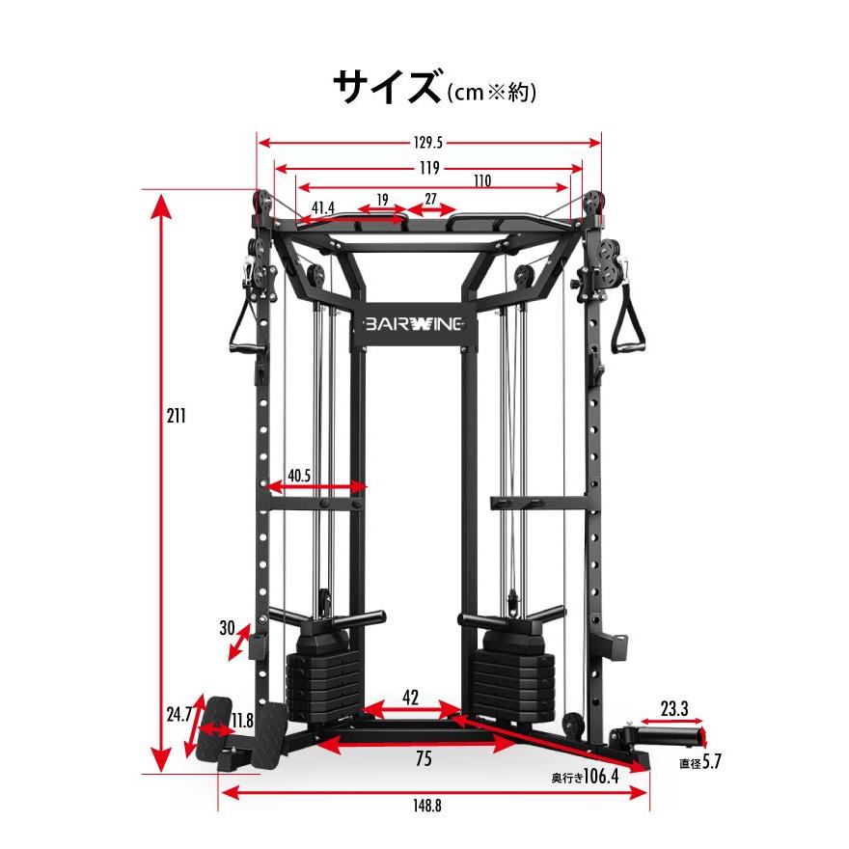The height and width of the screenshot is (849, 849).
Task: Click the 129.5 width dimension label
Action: pos(427,143)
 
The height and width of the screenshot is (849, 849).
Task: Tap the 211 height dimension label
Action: pos(176,416)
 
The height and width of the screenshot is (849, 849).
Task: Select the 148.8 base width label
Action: pos(427,806)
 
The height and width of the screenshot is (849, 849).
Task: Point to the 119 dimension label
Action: pos(429,168)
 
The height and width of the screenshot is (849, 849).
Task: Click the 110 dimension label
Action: pos(482,180)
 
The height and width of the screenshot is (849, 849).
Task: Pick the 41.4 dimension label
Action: pos(323,207)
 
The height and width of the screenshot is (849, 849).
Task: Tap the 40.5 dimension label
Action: pos(299,476)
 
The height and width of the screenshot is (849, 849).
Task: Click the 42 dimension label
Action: pos(410,698)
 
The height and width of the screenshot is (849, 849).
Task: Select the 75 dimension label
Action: pos(424,758)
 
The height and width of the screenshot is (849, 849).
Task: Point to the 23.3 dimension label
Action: pos(674,708)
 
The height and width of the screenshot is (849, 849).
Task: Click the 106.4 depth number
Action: pos(601,777)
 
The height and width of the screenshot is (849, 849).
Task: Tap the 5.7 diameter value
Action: pos(712,761)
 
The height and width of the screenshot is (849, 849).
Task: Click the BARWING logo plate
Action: pos(414,324)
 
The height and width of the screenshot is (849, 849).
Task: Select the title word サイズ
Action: pos(387,87)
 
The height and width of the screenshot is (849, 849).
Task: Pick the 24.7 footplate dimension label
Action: pos(179,714)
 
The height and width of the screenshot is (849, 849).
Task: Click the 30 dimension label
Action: pos(228,628)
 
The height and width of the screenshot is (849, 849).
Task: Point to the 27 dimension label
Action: pos(430,200)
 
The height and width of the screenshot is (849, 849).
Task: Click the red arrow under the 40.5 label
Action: pos(317,487)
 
